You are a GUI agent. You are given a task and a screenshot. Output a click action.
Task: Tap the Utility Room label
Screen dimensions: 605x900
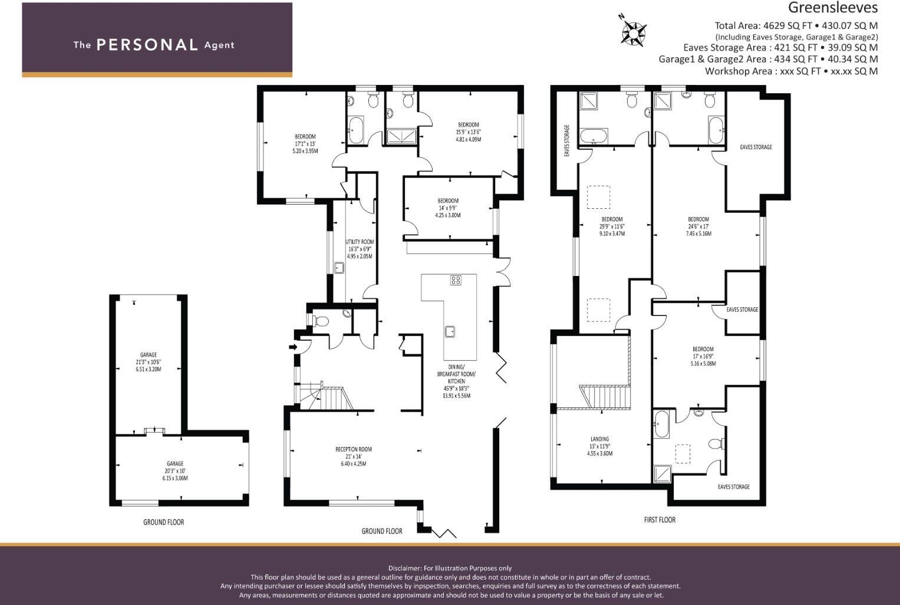[360, 249]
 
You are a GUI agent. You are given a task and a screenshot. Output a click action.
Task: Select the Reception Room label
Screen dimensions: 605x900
[354, 456]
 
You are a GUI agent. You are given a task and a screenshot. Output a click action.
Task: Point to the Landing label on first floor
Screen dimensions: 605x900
[599, 446]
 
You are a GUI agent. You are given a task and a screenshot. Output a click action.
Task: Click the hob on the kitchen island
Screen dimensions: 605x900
[456, 280]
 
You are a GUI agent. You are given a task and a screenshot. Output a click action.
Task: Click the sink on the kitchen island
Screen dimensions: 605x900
[450, 331]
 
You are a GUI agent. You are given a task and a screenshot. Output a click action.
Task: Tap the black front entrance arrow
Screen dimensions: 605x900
[292, 347]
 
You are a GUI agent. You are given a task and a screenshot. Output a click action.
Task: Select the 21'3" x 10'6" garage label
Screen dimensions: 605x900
[148, 362]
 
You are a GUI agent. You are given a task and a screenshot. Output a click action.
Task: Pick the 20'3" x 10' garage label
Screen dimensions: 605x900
[175, 471]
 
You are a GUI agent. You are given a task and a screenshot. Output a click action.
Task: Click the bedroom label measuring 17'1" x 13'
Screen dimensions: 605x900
[305, 143]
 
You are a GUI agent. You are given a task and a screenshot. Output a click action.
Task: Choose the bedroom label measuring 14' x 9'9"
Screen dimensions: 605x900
[448, 208]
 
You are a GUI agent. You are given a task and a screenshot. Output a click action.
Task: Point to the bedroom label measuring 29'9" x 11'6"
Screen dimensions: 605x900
[612, 226]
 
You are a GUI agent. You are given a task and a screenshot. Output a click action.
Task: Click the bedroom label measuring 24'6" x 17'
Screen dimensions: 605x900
[698, 226]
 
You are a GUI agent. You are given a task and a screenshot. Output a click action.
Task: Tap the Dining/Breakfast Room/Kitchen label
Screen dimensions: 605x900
[456, 381]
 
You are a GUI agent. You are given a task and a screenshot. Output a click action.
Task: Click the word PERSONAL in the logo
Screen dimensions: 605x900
[147, 45]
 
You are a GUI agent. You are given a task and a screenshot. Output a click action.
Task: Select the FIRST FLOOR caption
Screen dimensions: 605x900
[660, 519]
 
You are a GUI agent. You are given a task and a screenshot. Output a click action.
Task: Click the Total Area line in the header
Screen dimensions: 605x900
[796, 25]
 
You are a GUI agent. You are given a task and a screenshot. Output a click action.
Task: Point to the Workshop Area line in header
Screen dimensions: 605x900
[791, 71]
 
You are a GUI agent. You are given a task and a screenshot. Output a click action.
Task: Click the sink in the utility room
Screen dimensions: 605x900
[339, 268]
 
